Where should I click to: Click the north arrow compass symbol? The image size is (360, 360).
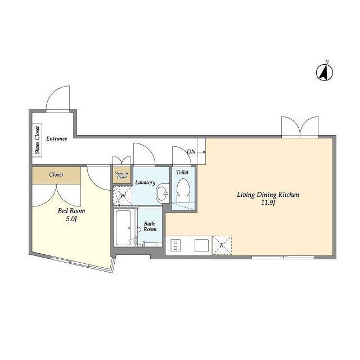click(325, 72)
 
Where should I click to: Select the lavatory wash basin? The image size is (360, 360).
click(163, 193)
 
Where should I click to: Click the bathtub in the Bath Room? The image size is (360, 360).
click(124, 228)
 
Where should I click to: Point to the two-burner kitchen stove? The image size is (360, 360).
click(175, 245)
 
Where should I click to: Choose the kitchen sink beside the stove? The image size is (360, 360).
click(201, 245)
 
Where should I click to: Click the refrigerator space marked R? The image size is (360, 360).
click(222, 245)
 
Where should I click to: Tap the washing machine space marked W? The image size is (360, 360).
click(123, 196)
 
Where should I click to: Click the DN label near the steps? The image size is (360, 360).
click(191, 151)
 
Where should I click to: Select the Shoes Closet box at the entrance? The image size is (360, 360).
click(37, 140)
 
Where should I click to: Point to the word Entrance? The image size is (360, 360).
click(57, 138)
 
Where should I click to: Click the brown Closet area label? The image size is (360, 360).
click(56, 174)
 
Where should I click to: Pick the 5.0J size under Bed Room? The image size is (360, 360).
click(71, 219)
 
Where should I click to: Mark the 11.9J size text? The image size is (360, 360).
click(268, 202)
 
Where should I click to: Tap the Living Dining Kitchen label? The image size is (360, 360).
click(268, 195)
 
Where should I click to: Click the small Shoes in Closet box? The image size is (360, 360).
click(121, 175)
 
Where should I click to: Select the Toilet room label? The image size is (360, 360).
click(182, 172)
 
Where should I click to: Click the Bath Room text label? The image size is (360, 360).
click(150, 226)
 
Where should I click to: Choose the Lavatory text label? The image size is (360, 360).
click(145, 182)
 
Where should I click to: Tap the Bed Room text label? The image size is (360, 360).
click(71, 211)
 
